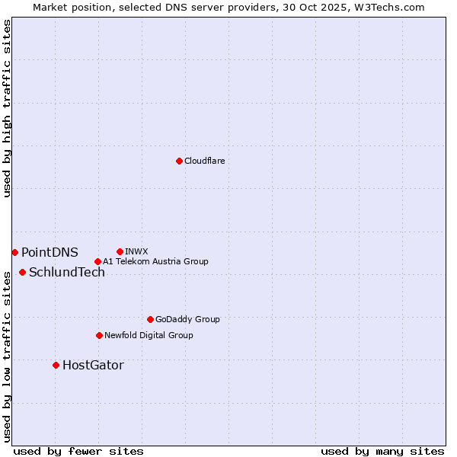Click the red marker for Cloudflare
click(x=179, y=161)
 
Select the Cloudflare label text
click(x=205, y=161)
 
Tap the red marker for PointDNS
click(x=14, y=252)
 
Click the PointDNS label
click(x=50, y=252)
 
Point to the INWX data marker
click(x=120, y=251)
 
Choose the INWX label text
click(x=136, y=251)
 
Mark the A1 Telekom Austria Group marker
click(x=97, y=261)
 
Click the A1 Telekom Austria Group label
click(x=155, y=261)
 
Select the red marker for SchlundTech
click(x=22, y=272)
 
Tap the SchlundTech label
click(x=67, y=273)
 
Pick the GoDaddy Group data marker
click(x=150, y=319)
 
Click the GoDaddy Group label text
click(x=187, y=319)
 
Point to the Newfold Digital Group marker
click(x=99, y=335)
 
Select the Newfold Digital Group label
click(x=149, y=335)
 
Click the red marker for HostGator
click(x=56, y=365)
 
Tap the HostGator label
click(x=93, y=366)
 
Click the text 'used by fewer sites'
click(x=78, y=451)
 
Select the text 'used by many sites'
click(x=382, y=451)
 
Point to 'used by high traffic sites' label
click(x=7, y=108)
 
